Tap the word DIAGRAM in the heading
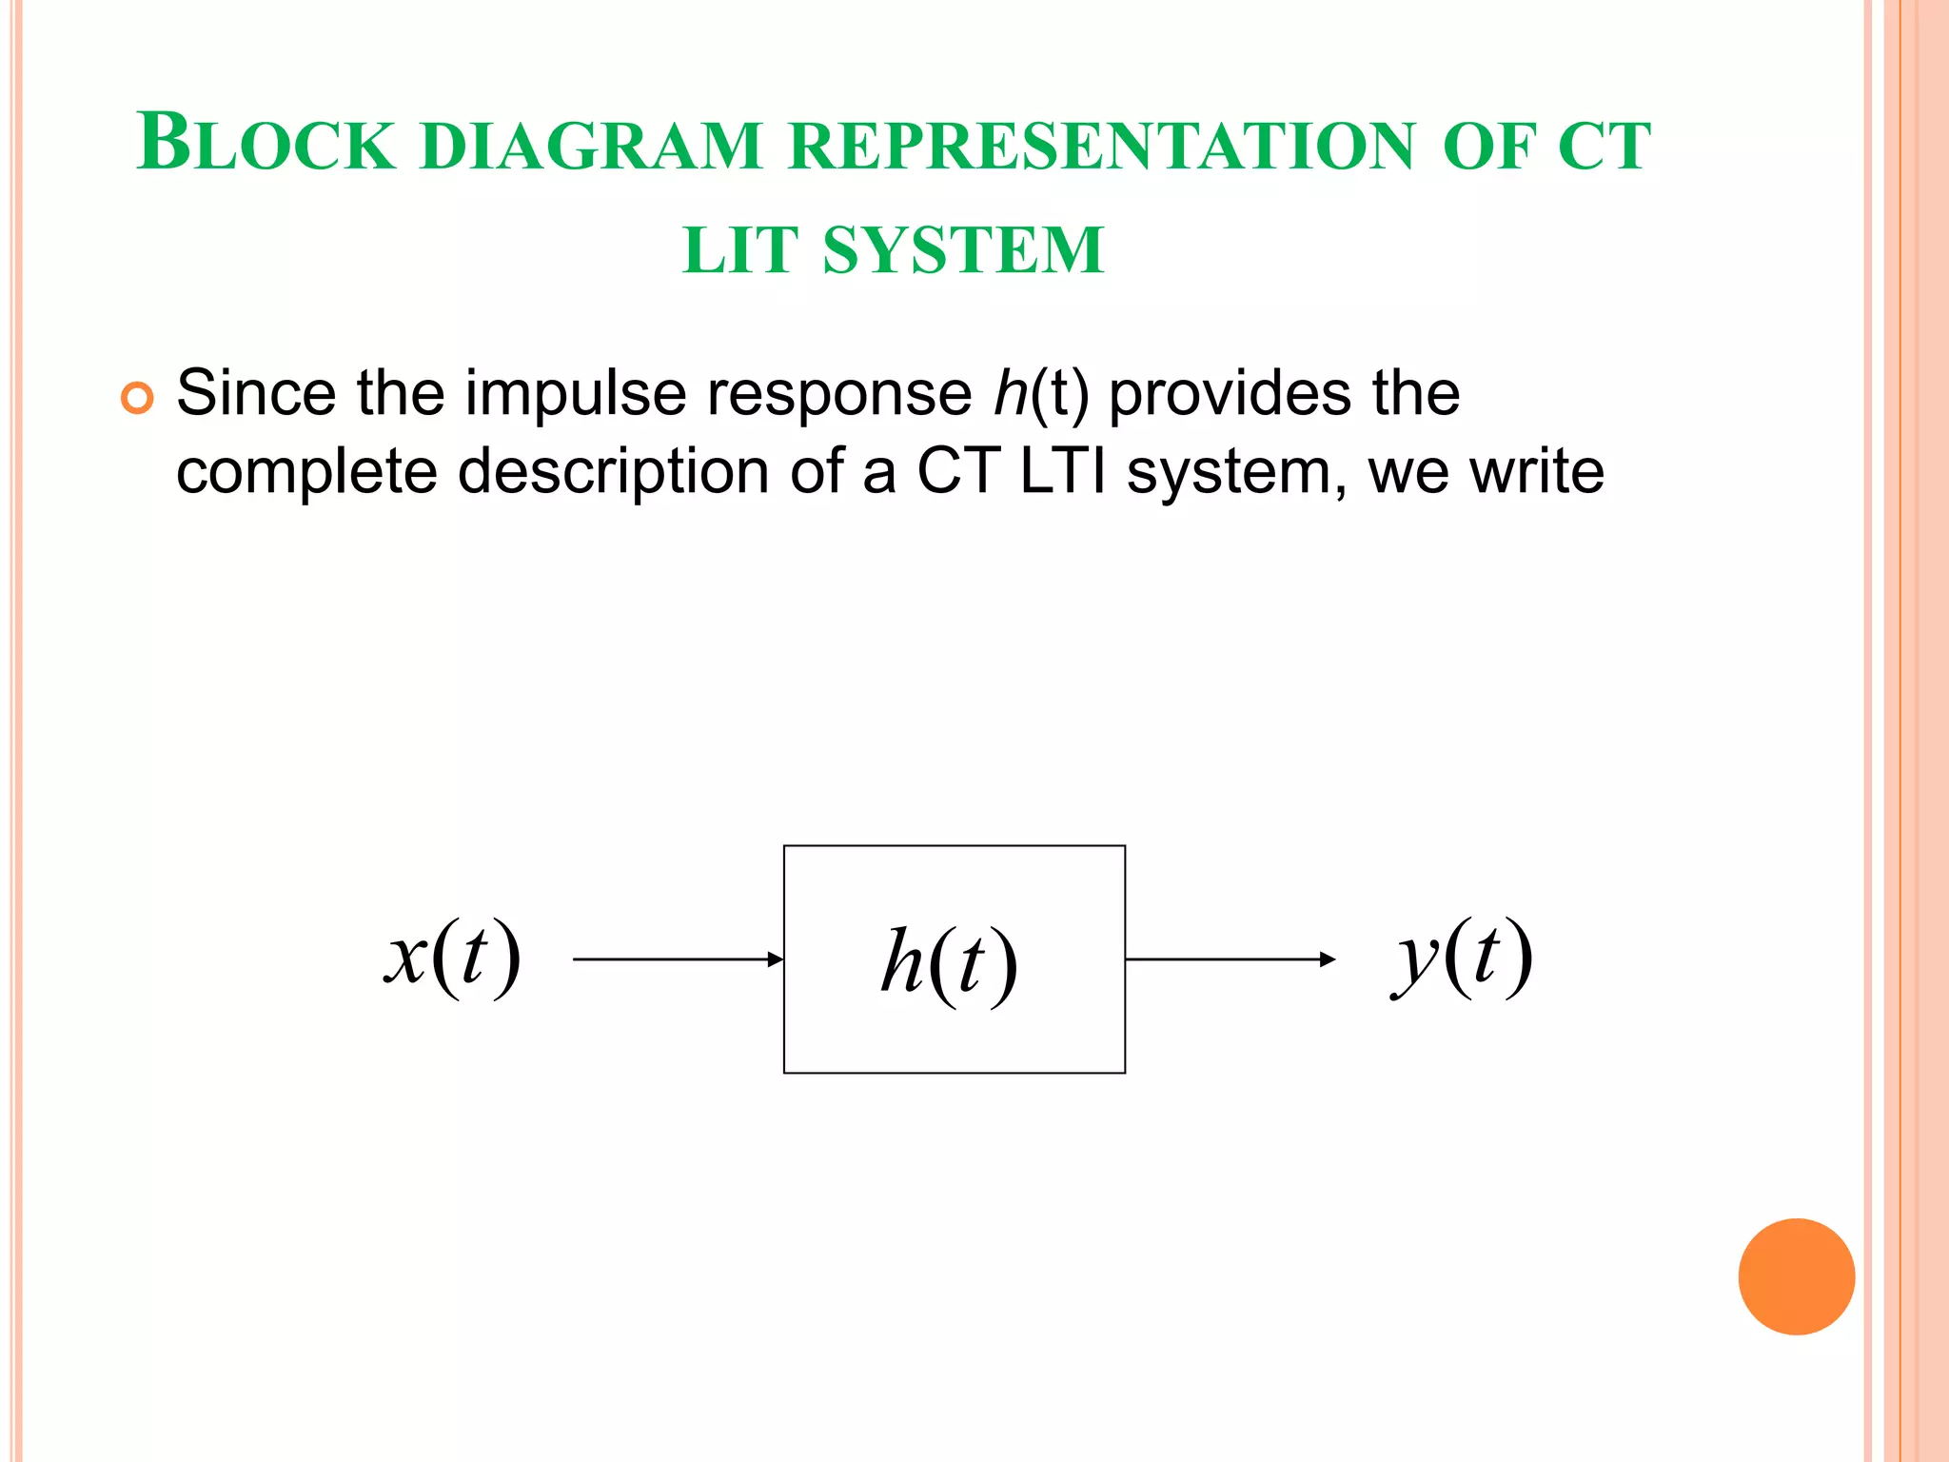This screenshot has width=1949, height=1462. click(591, 147)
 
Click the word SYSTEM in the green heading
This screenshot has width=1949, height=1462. click(963, 251)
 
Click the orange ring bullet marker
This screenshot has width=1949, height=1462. click(137, 398)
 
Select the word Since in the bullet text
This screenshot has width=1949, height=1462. click(256, 392)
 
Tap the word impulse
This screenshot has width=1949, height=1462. click(575, 394)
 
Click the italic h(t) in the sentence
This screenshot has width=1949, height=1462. click(1040, 393)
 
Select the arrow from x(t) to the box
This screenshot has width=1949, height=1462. click(678, 959)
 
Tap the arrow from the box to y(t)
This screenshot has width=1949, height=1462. click(1230, 959)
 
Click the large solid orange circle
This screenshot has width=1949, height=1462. click(1796, 1276)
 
